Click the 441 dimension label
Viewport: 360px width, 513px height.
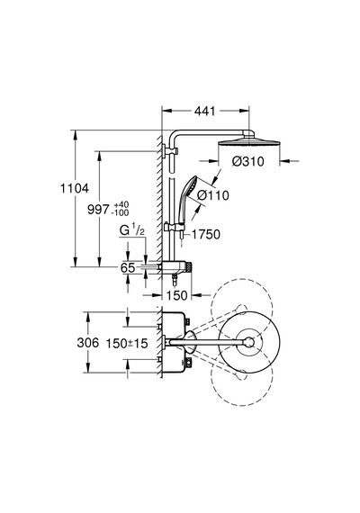[x=205, y=112]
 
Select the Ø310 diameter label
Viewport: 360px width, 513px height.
[x=248, y=162]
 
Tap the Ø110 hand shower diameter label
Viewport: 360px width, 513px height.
[x=213, y=195]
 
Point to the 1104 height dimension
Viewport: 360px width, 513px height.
[x=75, y=188]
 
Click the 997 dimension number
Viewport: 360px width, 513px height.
[x=98, y=210]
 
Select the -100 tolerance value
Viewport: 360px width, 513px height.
[x=120, y=212]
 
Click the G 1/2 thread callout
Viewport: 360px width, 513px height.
[x=132, y=230]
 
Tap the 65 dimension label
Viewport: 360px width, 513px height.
[x=128, y=268]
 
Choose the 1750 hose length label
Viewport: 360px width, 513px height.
[x=206, y=234]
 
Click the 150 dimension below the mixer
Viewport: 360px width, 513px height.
[x=177, y=296]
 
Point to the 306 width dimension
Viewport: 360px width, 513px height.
[x=87, y=343]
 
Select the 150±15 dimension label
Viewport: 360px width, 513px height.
[x=127, y=343]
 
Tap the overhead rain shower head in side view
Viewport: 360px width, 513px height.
[x=249, y=144]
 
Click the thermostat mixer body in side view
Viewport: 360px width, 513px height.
[x=176, y=266]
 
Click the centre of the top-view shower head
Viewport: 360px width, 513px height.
[x=249, y=342]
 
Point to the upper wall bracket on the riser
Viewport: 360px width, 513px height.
[x=170, y=151]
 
